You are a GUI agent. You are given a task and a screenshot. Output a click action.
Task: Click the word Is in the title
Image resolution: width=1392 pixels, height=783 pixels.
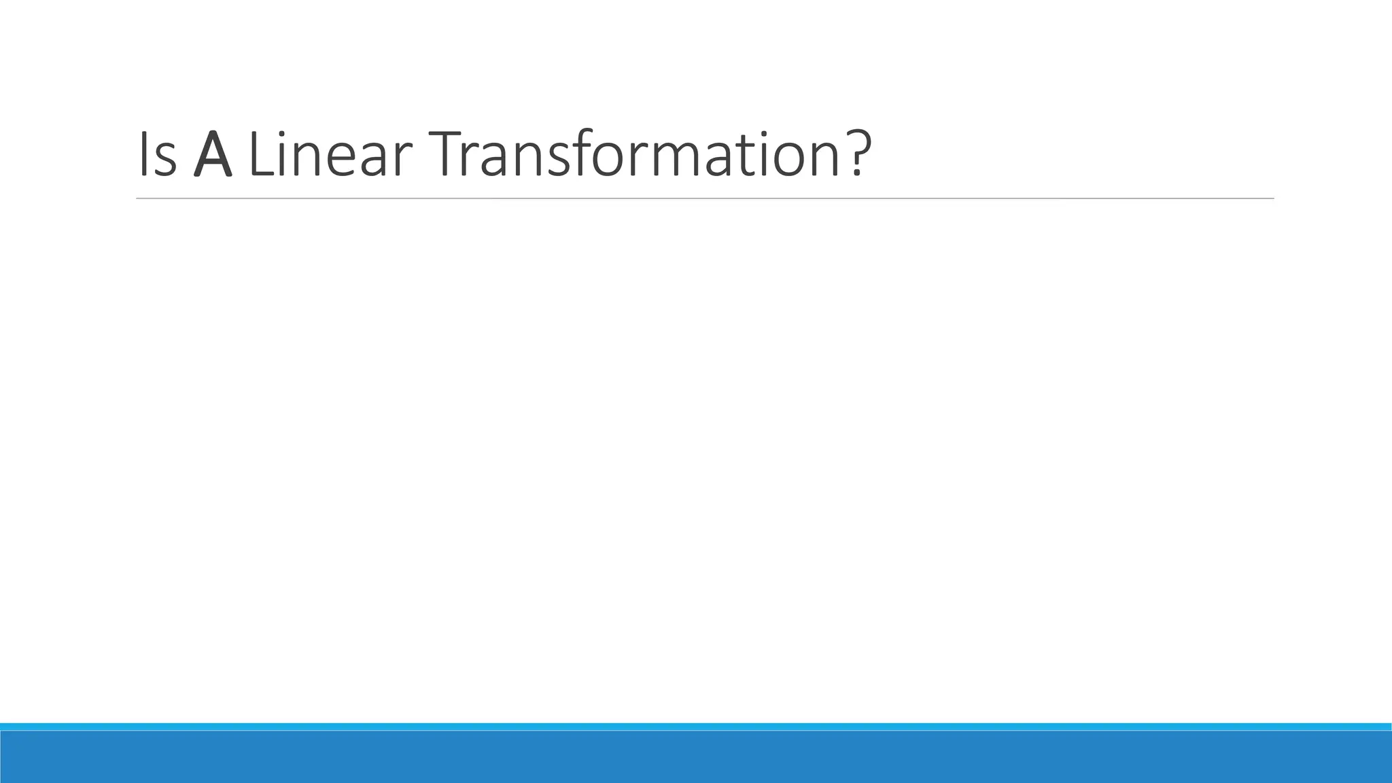click(157, 154)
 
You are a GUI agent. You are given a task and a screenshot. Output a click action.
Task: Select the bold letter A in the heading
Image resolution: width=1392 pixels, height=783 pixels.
click(213, 154)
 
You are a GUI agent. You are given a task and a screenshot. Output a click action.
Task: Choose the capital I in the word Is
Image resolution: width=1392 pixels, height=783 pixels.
click(142, 154)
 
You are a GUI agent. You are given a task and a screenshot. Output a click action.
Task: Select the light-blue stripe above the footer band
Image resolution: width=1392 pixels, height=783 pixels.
click(696, 727)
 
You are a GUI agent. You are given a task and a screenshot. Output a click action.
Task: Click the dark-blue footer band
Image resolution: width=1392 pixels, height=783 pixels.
click(696, 757)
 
